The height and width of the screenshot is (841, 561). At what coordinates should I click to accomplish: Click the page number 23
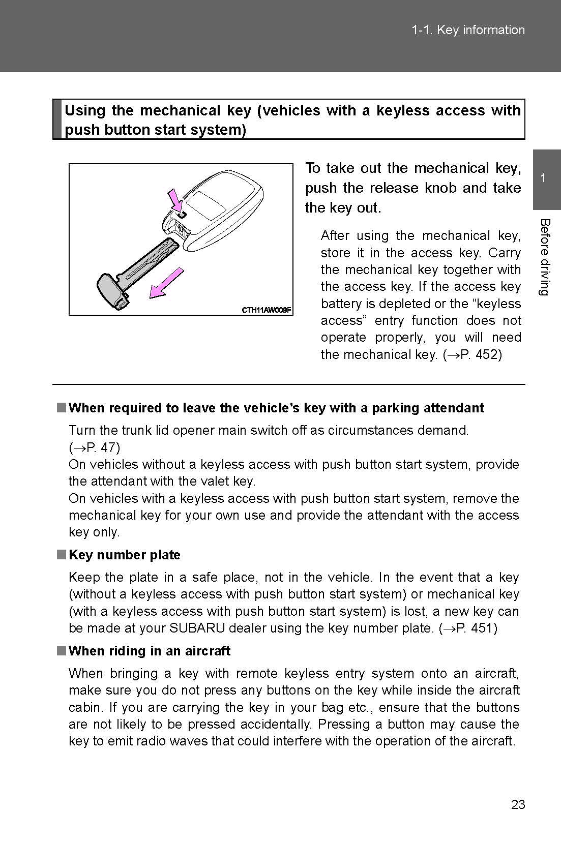click(x=518, y=804)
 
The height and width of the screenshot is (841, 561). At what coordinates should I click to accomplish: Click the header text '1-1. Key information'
click(x=468, y=30)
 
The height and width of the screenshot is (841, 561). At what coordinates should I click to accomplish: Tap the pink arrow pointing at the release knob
click(x=175, y=199)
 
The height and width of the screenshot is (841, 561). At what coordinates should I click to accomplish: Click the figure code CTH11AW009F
click(x=266, y=310)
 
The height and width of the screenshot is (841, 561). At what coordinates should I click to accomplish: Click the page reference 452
click(x=488, y=354)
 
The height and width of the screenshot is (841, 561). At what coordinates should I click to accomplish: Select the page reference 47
click(x=108, y=447)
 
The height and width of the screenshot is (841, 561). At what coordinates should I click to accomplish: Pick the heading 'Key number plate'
click(x=124, y=555)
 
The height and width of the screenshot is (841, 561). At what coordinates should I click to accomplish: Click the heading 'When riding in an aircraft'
click(x=149, y=651)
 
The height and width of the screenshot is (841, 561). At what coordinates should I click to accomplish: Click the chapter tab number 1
click(x=544, y=178)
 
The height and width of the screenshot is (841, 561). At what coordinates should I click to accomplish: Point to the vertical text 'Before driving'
click(x=544, y=257)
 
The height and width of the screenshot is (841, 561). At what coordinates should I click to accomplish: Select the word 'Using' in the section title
click(x=85, y=110)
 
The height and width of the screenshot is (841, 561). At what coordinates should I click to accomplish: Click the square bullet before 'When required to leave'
click(x=61, y=408)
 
